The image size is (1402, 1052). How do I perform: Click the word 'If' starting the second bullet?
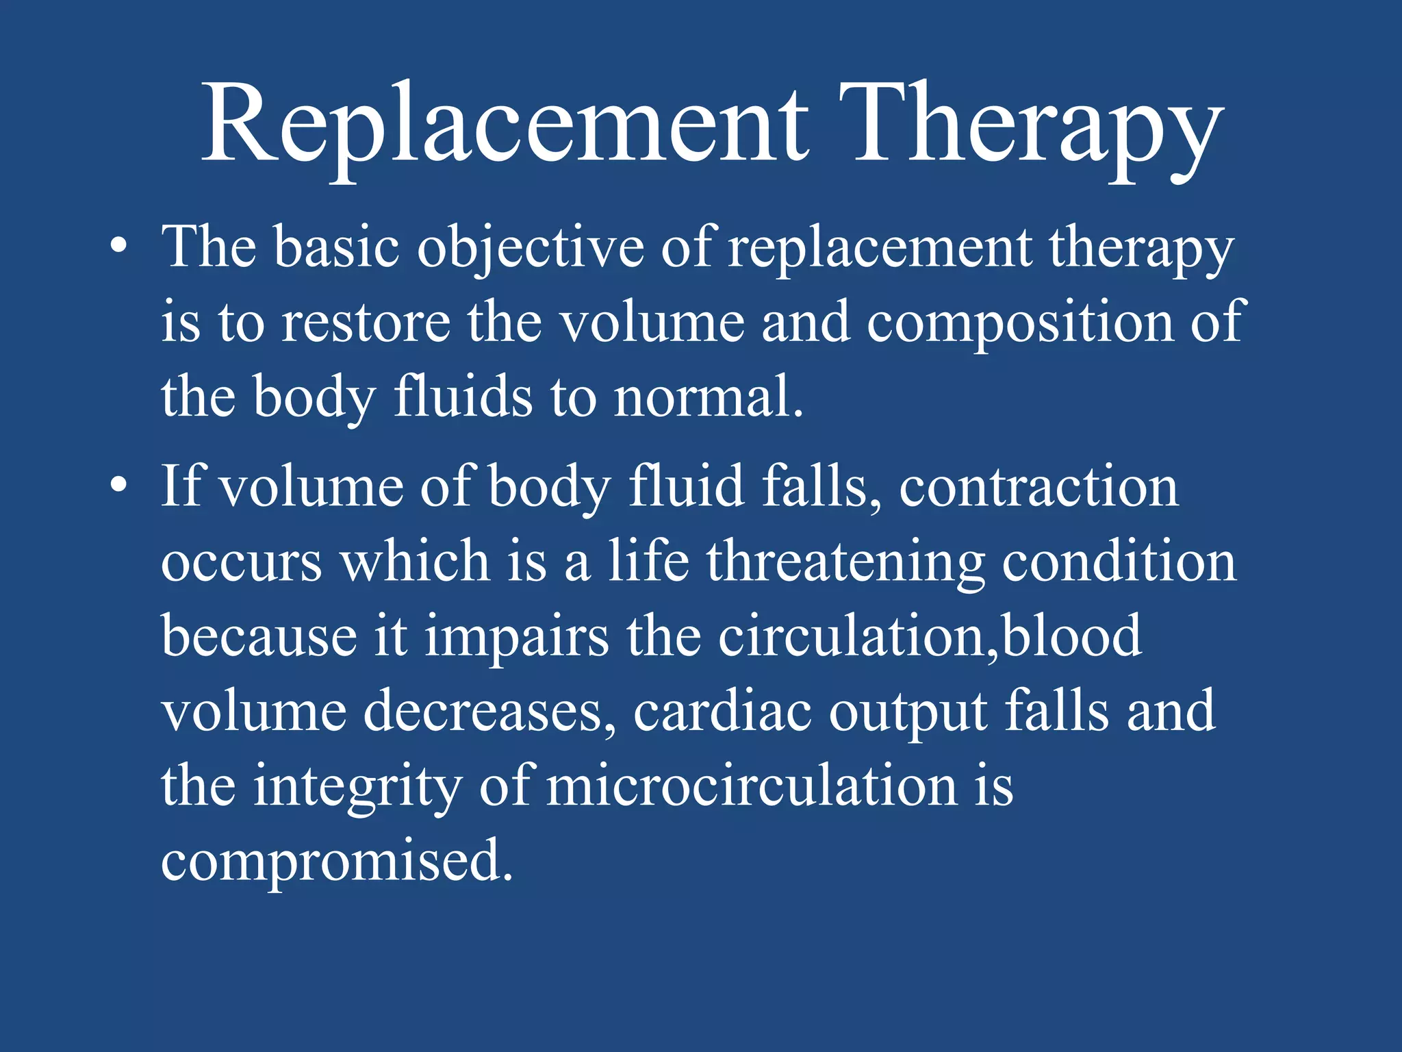[x=181, y=486]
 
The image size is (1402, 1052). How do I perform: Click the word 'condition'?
[x=1119, y=562]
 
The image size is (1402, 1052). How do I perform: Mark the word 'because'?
[x=259, y=636]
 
